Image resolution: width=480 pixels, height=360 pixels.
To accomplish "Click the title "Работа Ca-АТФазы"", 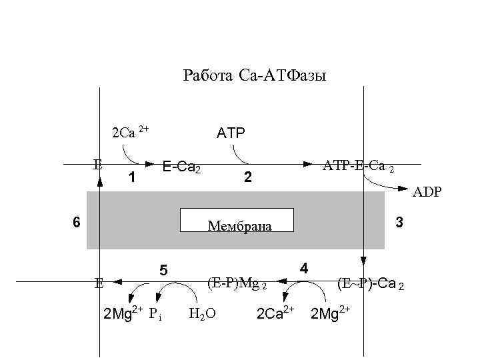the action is coord(254,76).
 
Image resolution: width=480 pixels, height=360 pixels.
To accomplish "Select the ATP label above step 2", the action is coord(231,133).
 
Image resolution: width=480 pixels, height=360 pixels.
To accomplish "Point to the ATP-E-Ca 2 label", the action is coord(359,165).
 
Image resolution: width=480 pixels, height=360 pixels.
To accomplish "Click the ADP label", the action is coord(427,193).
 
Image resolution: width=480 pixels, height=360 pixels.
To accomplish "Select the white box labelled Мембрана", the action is coord(237,220).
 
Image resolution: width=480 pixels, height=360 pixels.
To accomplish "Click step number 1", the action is coord(132,178).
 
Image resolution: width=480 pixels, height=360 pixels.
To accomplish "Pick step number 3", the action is coord(399,223).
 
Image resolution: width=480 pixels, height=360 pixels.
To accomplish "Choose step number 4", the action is coord(303,269).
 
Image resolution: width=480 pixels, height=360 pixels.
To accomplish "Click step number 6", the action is coord(77,223).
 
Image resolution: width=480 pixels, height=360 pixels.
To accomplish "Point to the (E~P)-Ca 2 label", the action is coord(370,283).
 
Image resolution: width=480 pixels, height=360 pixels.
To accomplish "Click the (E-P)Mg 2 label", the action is coord(237,283).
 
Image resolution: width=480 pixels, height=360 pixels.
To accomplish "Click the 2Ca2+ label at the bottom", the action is coord(275,313).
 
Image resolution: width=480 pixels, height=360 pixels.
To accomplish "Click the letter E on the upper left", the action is coord(97,163).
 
